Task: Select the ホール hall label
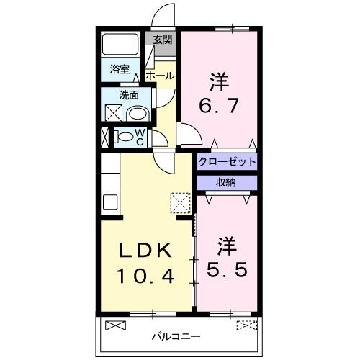pos(159,76)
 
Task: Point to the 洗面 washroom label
pos(130,94)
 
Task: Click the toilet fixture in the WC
pos(125,136)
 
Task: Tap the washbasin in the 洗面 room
pos(137,113)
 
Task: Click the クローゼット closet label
pos(227,161)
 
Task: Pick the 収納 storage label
pos(226,182)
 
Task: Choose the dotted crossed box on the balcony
pos(246,325)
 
